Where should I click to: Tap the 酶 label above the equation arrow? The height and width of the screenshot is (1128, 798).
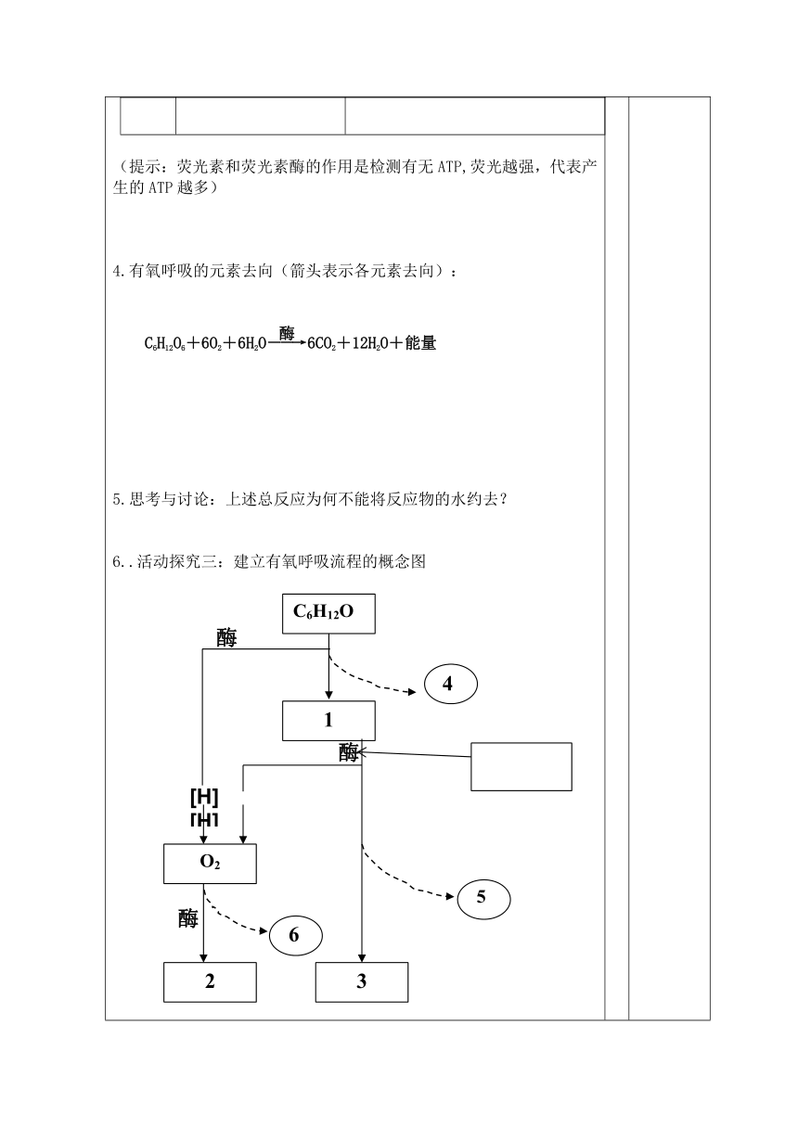(x=287, y=333)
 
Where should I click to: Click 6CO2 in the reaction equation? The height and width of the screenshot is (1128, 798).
(x=321, y=344)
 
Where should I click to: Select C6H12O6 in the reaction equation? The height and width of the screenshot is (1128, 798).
(x=165, y=344)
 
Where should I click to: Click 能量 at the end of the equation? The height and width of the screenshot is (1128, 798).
(x=420, y=343)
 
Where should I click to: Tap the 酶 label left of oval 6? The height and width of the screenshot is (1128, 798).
(x=188, y=918)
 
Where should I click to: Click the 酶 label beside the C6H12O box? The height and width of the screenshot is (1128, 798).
(x=226, y=638)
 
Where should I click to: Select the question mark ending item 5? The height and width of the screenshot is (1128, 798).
(x=504, y=500)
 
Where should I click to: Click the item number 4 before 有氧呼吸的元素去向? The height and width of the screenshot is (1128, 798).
(x=117, y=272)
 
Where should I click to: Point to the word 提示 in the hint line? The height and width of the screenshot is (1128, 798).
(x=145, y=166)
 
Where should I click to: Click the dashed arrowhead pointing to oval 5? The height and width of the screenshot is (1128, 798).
(x=450, y=896)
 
